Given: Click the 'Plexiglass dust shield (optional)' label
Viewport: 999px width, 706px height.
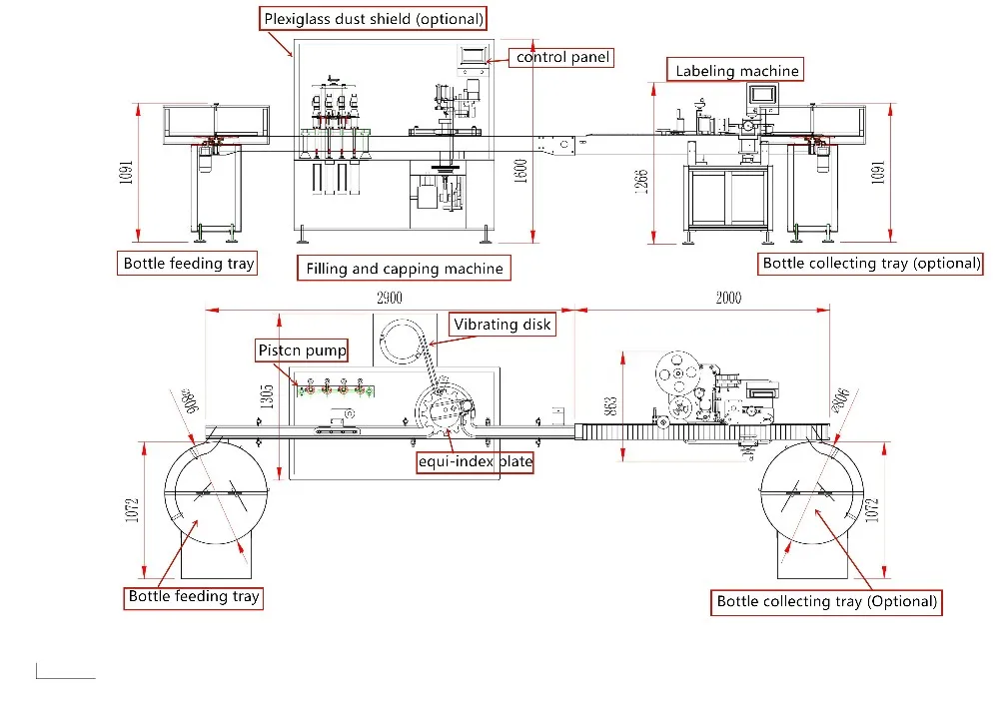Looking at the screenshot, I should (374, 18).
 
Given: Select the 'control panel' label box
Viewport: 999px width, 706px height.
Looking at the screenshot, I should (562, 57).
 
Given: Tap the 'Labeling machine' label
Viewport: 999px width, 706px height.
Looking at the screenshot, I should (737, 70).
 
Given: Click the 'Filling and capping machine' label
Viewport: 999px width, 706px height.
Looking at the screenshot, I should (405, 269).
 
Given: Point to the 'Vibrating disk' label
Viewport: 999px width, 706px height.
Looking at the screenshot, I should (502, 325).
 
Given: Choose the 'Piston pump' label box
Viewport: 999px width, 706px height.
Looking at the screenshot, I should (303, 350).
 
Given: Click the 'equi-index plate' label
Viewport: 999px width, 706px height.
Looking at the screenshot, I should (475, 462).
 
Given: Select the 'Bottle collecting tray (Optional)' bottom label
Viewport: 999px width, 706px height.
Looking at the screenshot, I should (827, 601).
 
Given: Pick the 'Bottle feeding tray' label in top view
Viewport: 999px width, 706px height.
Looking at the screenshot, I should (194, 597).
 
